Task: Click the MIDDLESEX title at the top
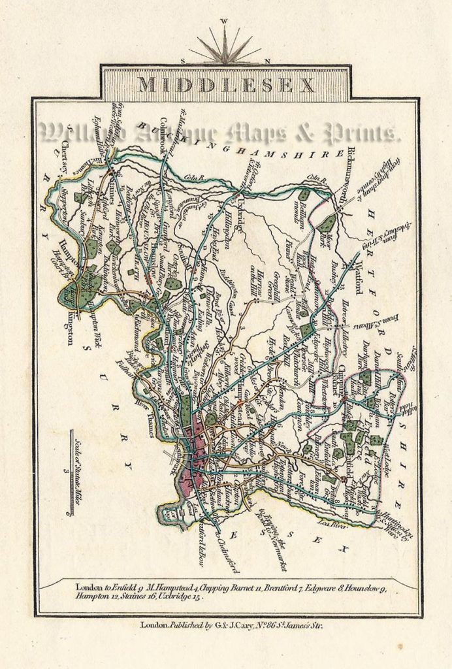226,85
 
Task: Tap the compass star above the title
225,48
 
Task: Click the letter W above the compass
225,21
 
